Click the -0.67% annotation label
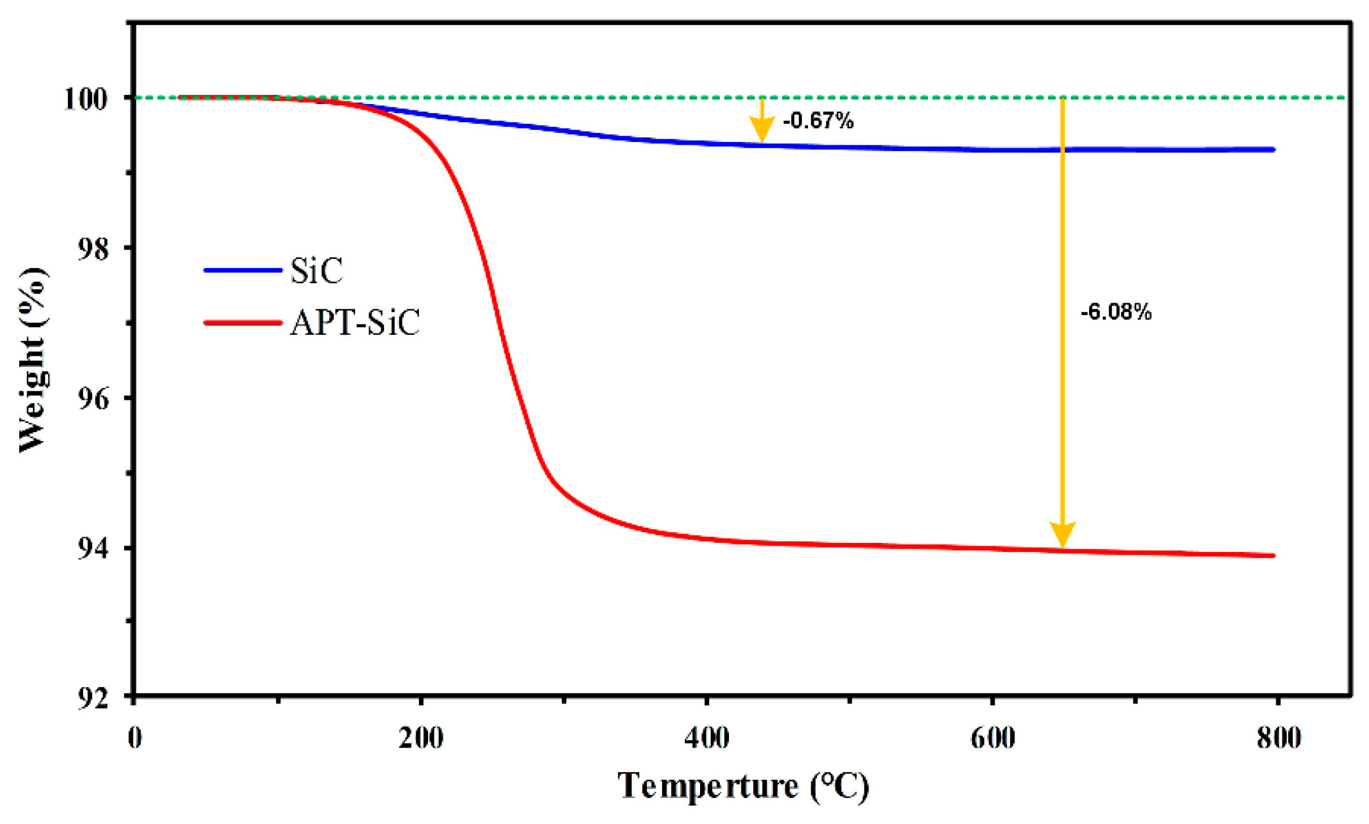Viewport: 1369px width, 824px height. click(818, 120)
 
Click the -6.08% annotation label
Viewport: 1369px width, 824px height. click(1115, 312)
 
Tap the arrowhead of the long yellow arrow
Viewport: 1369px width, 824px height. click(1062, 534)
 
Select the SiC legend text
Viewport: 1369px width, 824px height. click(316, 270)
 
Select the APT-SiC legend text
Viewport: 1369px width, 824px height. click(355, 323)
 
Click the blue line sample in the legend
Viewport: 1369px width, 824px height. click(243, 270)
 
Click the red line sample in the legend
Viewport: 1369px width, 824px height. click(243, 323)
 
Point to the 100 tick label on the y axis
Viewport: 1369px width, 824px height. click(85, 98)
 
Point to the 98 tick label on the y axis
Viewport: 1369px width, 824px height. click(92, 249)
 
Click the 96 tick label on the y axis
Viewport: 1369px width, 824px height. click(92, 399)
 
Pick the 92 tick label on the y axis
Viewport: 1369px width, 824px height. click(92, 698)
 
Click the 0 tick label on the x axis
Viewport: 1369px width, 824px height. click(135, 737)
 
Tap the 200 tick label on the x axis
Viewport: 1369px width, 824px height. click(421, 737)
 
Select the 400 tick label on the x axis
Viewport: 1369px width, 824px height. click(707, 737)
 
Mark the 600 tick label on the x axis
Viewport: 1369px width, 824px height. click(992, 737)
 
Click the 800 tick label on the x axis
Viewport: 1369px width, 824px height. click(1279, 737)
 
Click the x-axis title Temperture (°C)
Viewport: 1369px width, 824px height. click(742, 786)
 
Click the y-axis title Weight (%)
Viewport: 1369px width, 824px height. click(33, 360)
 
